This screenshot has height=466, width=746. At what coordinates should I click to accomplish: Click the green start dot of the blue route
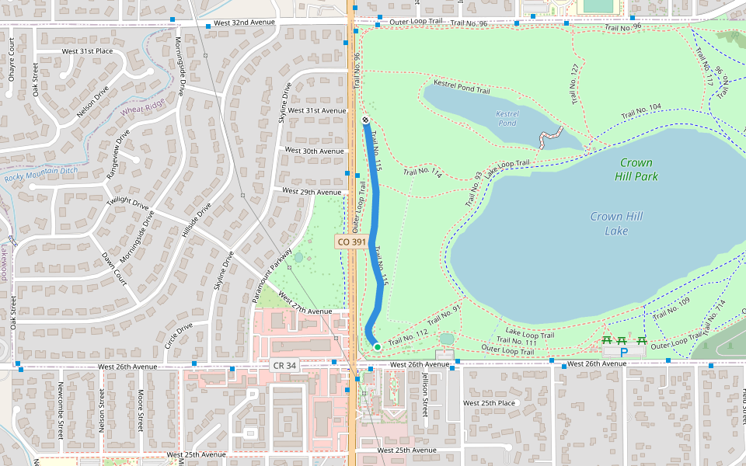(x=377, y=346)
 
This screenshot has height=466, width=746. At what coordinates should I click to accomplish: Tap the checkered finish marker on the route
(x=365, y=120)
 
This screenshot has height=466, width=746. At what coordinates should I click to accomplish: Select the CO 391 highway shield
(x=352, y=242)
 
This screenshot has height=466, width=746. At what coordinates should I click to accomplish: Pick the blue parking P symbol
(x=623, y=352)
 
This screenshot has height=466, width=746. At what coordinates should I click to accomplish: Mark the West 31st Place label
(x=87, y=51)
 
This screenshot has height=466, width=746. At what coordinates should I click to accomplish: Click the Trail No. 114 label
(x=423, y=173)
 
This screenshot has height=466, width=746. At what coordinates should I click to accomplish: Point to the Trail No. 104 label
(x=641, y=112)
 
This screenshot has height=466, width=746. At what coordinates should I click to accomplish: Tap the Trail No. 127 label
(x=574, y=79)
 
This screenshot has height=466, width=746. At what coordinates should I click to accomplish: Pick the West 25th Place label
(x=489, y=403)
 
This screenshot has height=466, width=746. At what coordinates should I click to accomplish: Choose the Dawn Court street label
(x=113, y=268)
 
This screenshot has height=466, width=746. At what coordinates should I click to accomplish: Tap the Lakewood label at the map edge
(x=4, y=263)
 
